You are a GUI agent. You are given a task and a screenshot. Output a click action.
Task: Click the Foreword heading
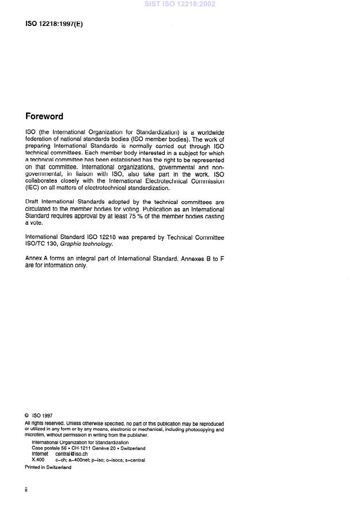coord(44,116)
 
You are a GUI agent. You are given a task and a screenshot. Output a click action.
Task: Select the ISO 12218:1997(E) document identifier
coord(54,25)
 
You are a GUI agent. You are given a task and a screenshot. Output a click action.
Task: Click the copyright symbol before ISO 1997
coord(26,415)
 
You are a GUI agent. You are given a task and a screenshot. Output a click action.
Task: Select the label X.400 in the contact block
coord(38,460)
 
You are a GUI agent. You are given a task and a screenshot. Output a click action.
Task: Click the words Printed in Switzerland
coord(48,467)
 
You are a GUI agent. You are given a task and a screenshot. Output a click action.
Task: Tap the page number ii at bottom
coord(26,489)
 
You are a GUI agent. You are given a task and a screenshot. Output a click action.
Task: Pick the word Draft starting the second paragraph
coord(32,202)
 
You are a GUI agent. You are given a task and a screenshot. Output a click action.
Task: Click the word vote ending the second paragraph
coord(37,223)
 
